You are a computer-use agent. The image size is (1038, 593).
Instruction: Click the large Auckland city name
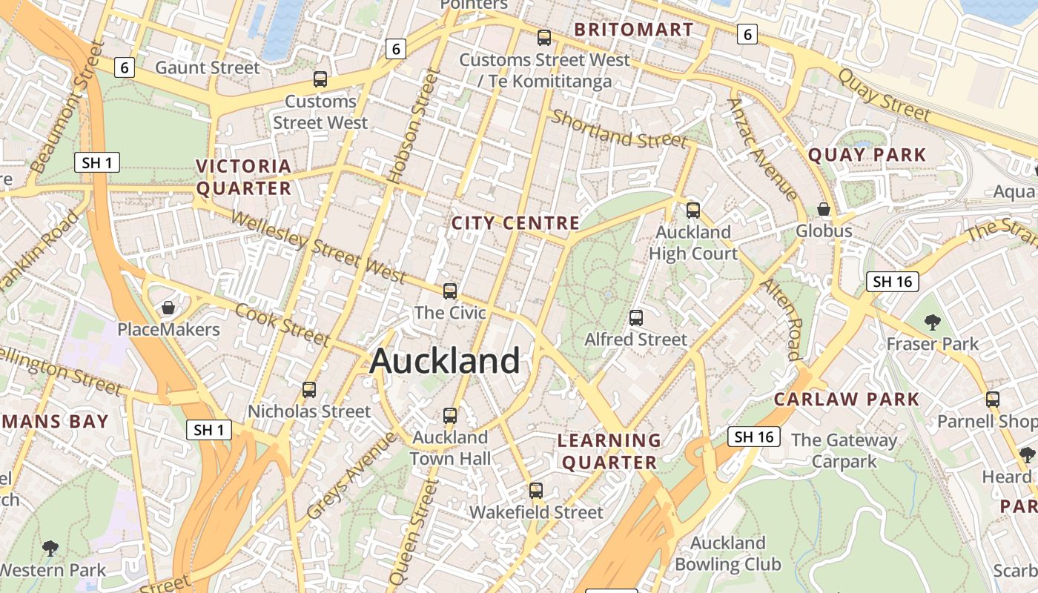pos(445,361)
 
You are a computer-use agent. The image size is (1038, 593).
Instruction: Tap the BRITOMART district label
pos(634,30)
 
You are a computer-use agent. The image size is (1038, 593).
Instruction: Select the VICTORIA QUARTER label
pos(244,176)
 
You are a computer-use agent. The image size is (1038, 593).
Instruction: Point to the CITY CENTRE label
pos(516,223)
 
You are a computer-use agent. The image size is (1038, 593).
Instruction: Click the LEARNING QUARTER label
pos(609,451)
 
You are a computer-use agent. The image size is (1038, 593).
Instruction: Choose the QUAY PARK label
pos(867,155)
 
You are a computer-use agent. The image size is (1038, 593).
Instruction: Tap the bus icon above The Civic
pos(450,291)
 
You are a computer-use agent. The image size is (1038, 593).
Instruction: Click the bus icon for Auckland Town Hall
pos(450,416)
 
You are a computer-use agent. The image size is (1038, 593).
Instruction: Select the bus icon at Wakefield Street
pos(536,491)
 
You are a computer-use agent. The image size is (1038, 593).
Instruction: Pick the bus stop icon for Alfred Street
pos(636,318)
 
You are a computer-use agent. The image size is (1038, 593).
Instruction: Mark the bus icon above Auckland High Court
pos(693,211)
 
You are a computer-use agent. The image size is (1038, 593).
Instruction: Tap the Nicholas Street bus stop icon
pos(309,390)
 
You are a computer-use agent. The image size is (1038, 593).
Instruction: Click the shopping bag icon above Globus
pos(824,210)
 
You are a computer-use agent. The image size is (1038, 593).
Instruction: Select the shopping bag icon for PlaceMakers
pos(168,308)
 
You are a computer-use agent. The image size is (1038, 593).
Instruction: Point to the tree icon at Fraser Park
pos(932,322)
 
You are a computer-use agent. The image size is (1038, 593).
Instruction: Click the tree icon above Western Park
pos(50,549)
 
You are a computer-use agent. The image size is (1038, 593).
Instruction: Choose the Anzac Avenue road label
pos(763,150)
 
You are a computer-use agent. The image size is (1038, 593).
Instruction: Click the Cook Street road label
pos(282,324)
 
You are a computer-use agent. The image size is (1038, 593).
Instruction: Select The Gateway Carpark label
pos(844,451)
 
